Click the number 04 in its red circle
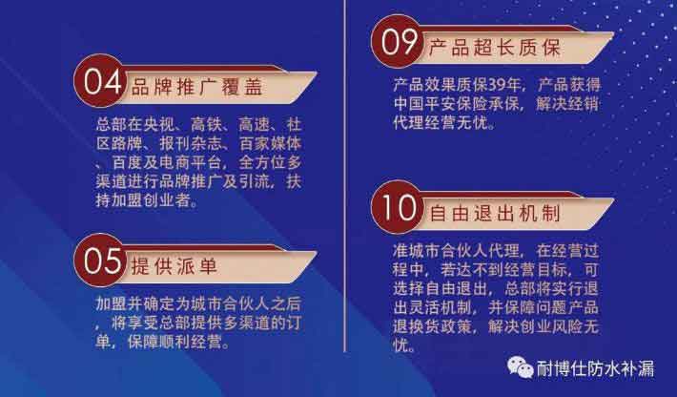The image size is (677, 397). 101,81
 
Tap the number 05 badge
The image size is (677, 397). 101,261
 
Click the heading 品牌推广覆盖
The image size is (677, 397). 196,88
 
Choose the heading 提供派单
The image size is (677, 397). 174,266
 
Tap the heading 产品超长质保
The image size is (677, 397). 495,48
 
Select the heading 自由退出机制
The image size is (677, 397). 495,214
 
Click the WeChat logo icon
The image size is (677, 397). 521,368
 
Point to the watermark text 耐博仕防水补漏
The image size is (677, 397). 596,368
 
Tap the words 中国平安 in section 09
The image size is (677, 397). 425,104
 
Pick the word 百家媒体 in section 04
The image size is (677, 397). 270,144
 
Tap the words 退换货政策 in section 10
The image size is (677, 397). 433,326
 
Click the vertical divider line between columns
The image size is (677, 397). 344,176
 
